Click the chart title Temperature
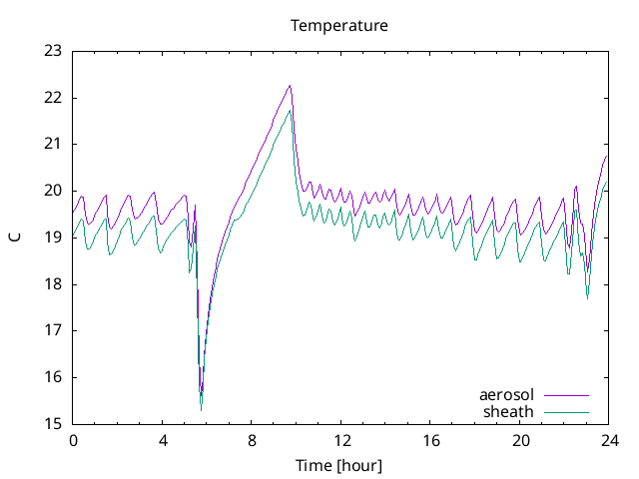click(338, 25)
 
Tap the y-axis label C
click(15, 237)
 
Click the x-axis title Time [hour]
click(338, 465)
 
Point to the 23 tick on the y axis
click(53, 51)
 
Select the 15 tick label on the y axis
click(53, 423)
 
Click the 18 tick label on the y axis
click(53, 283)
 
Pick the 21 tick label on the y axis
click(53, 144)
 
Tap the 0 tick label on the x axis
click(72, 440)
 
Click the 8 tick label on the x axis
click(252, 440)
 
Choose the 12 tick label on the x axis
click(341, 440)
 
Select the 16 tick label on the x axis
click(431, 440)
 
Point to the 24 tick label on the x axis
click(610, 440)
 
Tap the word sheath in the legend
click(509, 411)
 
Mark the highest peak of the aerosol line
click(290, 85)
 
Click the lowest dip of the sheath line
click(202, 409)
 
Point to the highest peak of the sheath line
click(290, 110)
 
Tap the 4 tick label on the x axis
click(162, 440)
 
